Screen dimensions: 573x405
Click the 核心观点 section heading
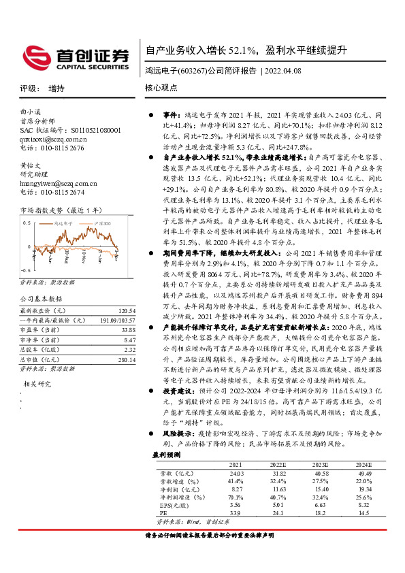pyautogui.click(x=161, y=88)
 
